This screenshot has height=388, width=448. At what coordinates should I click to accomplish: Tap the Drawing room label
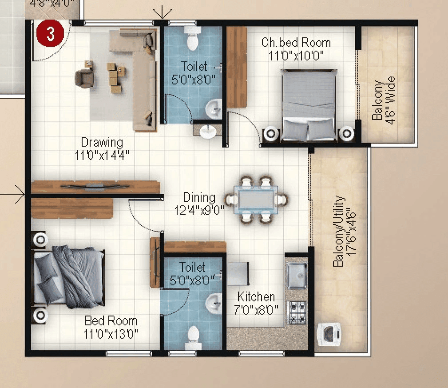pyautogui.click(x=102, y=143)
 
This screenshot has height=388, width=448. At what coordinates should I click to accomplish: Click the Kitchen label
pyautogui.click(x=256, y=297)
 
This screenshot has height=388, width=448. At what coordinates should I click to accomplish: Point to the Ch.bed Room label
pyautogui.click(x=296, y=43)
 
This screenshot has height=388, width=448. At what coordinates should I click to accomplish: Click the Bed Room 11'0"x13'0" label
pyautogui.click(x=111, y=327)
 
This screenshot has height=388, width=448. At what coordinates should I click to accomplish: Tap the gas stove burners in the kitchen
pyautogui.click(x=297, y=312)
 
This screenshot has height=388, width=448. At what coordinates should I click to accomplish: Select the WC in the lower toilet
pyautogui.click(x=193, y=336)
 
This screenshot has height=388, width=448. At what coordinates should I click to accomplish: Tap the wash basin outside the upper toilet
pyautogui.click(x=207, y=131)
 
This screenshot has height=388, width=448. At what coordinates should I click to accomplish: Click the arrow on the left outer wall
pyautogui.click(x=18, y=194)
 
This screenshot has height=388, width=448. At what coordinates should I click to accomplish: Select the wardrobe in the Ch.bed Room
pyautogui.click(x=237, y=67)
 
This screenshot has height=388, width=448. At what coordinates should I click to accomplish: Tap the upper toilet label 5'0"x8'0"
pyautogui.click(x=193, y=73)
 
